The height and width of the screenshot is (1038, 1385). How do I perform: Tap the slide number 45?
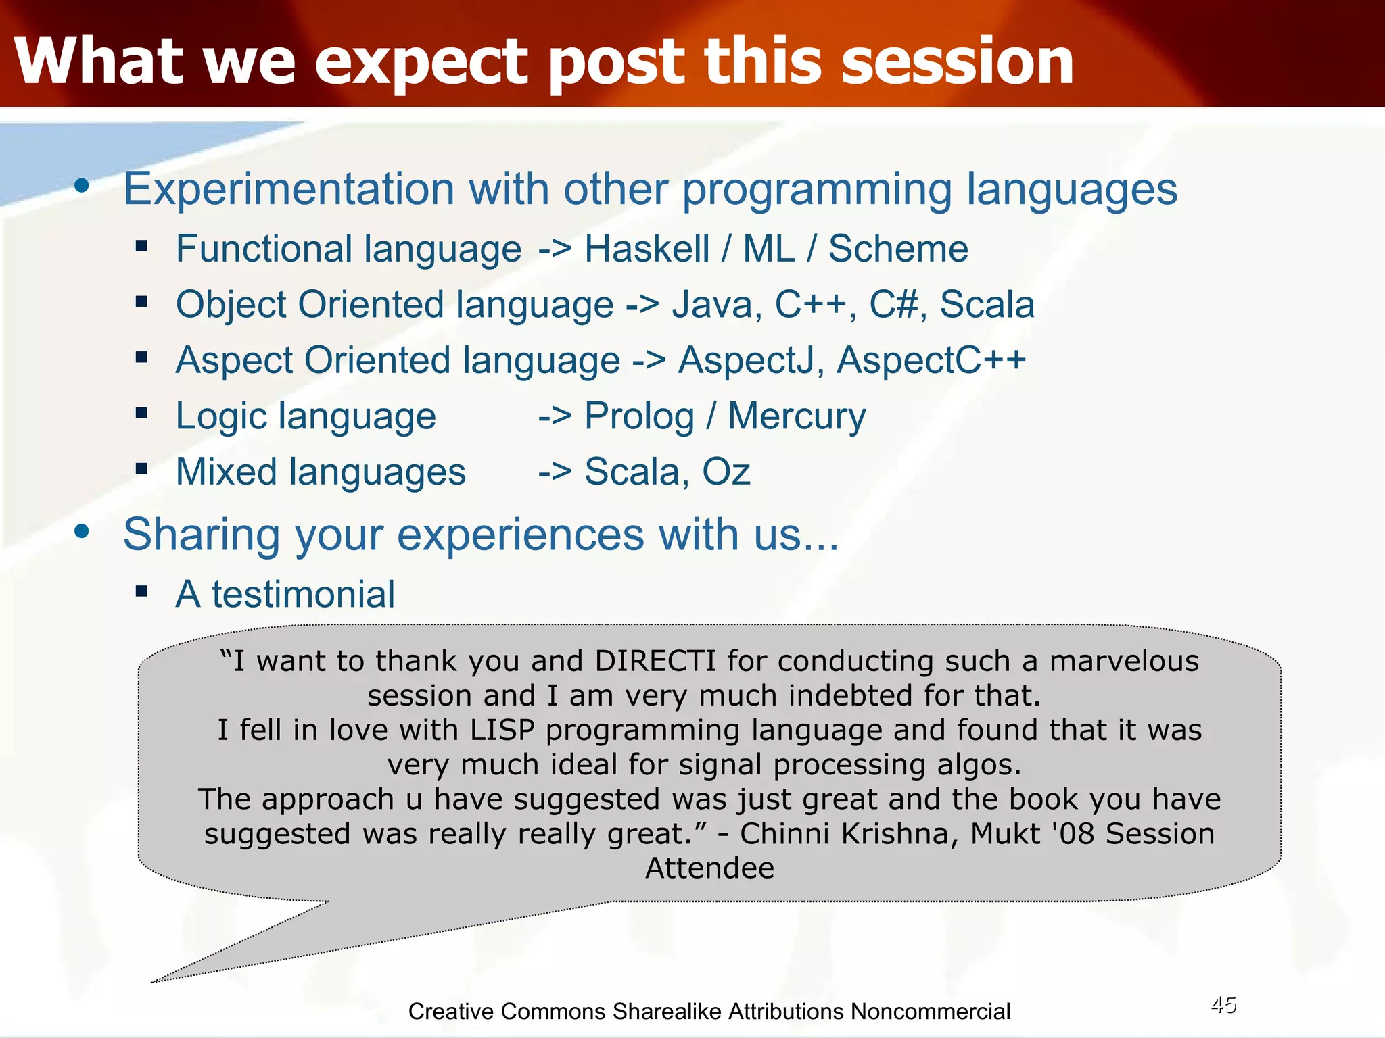[1223, 1005]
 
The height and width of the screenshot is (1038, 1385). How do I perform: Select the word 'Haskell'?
[647, 249]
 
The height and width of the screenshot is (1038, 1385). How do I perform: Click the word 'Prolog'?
[639, 416]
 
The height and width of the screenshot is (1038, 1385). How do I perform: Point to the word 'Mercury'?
[796, 416]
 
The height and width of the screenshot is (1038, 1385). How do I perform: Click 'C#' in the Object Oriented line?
[893, 304]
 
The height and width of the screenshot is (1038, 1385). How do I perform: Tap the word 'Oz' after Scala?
[726, 472]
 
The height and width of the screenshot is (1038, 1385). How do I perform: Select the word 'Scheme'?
[898, 249]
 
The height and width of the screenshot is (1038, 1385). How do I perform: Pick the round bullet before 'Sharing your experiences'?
[82, 532]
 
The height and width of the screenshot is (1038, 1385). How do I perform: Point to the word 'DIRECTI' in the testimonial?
[655, 661]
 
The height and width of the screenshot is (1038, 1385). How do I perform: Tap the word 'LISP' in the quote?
[502, 730]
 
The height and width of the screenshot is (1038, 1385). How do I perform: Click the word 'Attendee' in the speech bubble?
[709, 868]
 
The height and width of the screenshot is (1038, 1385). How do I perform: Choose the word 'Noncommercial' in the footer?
[930, 1012]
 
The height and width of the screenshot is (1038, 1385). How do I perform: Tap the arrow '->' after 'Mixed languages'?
[555, 472]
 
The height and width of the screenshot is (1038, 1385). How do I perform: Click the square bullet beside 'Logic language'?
[141, 413]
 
